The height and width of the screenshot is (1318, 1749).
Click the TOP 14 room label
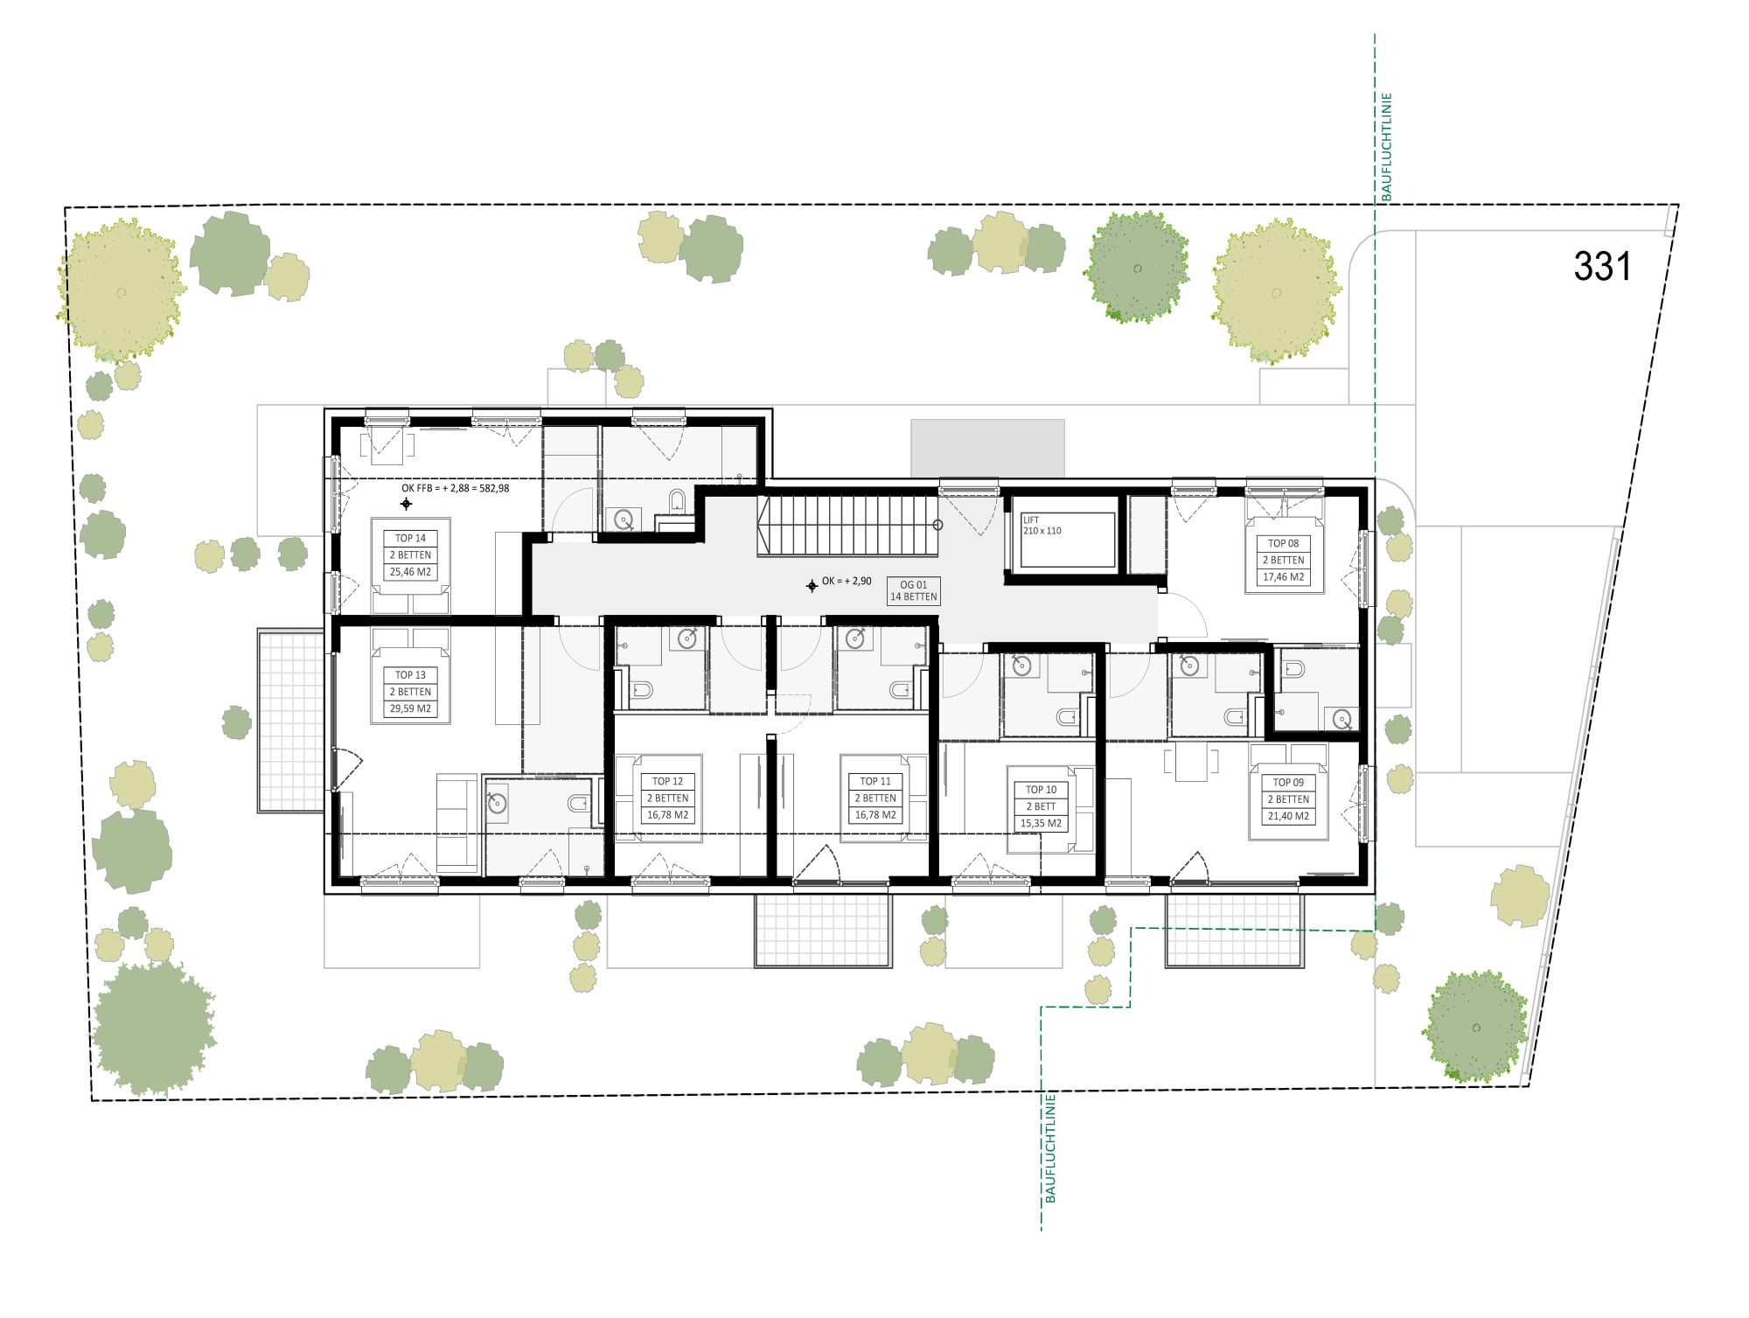coord(410,539)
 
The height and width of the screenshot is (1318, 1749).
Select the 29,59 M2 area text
coord(410,709)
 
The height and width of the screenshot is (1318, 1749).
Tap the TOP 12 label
coord(667,782)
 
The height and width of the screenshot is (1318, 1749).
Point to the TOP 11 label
coord(875,782)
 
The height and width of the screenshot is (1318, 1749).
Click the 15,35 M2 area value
coord(1041,824)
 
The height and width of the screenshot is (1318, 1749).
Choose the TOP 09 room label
coord(1288,783)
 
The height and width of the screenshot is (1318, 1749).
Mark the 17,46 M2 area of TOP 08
coord(1283,577)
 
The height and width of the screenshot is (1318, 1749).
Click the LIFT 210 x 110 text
coord(1042,526)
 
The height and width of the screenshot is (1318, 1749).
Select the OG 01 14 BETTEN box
coord(914,591)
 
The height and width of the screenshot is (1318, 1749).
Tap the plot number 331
coord(1602,267)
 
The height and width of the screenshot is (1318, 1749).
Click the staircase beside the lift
coord(848,525)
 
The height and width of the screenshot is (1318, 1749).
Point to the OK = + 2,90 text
coord(847,582)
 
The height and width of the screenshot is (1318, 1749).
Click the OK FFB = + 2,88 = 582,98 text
coord(455,489)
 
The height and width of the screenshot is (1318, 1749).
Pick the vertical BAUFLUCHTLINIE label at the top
coord(1387,147)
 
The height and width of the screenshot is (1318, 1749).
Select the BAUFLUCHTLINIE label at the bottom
coord(1050,1148)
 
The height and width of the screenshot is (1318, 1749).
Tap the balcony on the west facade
coord(290,721)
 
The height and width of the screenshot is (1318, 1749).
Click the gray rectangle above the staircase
coord(987,449)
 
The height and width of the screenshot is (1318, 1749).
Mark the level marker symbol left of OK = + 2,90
coord(812,586)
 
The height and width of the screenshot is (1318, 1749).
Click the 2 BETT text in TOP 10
coord(1041,807)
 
